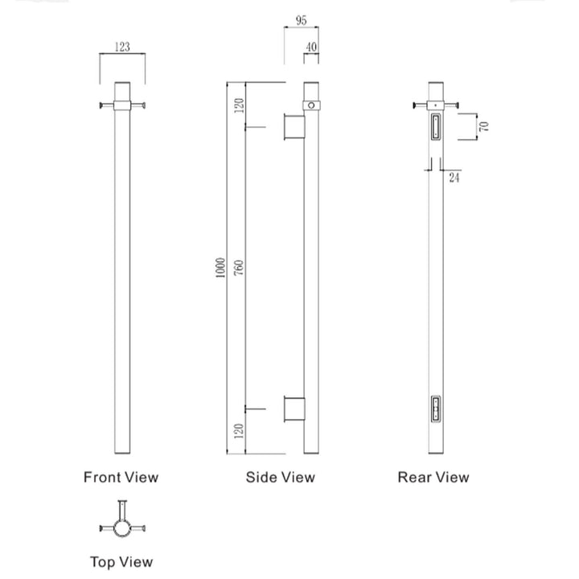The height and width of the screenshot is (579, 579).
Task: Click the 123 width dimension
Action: (122, 47)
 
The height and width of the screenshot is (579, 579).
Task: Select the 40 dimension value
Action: (310, 48)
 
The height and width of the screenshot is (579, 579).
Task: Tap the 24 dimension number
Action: (454, 177)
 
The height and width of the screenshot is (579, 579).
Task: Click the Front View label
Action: (121, 477)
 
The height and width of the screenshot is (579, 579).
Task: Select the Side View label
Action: (280, 477)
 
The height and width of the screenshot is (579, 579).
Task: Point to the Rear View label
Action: (433, 477)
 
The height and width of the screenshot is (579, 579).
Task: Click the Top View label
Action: (121, 561)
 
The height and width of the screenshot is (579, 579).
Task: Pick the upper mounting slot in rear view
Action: (435, 127)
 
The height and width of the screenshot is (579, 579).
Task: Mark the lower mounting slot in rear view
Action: (435, 408)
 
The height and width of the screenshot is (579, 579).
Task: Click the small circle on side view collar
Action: (311, 105)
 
